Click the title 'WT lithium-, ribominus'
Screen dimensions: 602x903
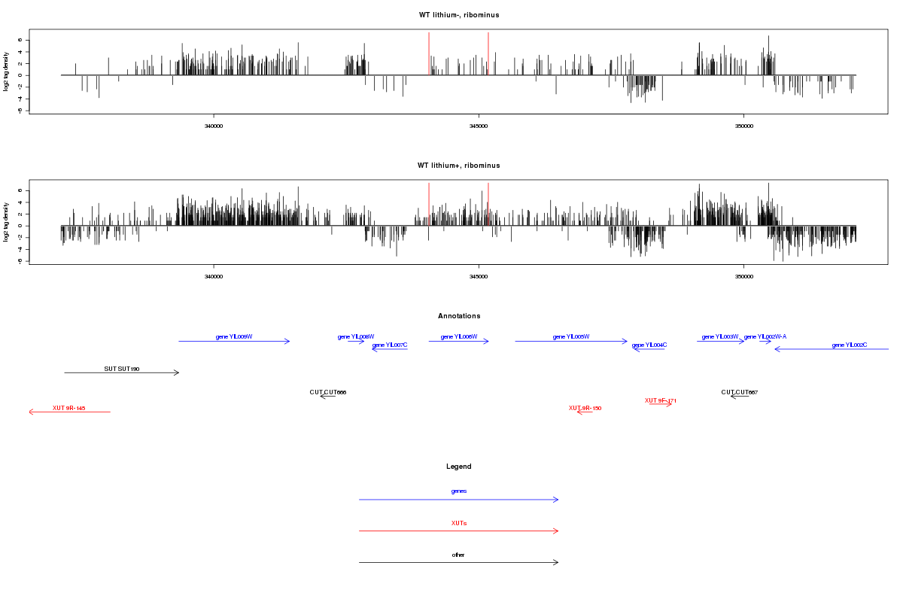[458, 15]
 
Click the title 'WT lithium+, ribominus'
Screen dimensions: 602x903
[458, 166]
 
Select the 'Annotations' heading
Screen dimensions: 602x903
[458, 316]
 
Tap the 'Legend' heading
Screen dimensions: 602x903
[458, 467]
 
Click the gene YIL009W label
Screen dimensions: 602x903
[234, 336]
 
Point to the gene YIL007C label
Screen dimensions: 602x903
[390, 345]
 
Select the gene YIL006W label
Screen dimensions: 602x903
[459, 336]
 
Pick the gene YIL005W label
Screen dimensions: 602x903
[571, 336]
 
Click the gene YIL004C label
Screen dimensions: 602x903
[649, 345]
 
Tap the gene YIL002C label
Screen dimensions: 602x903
[850, 345]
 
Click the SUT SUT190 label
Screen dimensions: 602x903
[122, 369]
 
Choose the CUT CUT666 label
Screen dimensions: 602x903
[328, 392]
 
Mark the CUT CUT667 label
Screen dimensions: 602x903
[739, 392]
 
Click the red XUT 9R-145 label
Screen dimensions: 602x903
[69, 408]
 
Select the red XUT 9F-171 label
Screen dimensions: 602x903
[660, 400]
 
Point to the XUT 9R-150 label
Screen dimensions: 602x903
[585, 408]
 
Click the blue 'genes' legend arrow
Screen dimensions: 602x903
[458, 500]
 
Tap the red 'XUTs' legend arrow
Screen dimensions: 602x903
[458, 531]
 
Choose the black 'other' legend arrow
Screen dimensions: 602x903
[458, 562]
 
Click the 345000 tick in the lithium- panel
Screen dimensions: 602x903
[479, 126]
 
